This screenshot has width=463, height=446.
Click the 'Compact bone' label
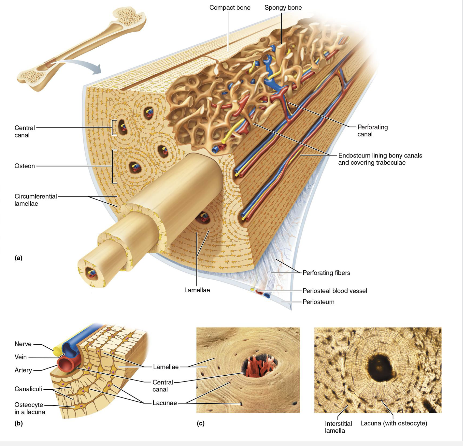pyautogui.click(x=230, y=8)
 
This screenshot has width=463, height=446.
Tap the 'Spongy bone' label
pyautogui.click(x=283, y=8)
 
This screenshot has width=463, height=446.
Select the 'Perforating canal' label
pyautogui.click(x=372, y=131)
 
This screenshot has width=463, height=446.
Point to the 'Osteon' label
pyautogui.click(x=25, y=166)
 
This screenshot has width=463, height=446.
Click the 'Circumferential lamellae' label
pyautogui.click(x=36, y=200)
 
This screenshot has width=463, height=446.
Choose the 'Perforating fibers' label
pyautogui.click(x=326, y=273)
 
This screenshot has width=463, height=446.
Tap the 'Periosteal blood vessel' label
pyautogui.click(x=335, y=291)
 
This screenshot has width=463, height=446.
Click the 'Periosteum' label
pyautogui.click(x=318, y=302)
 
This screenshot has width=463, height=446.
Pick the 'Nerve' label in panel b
pyautogui.click(x=23, y=344)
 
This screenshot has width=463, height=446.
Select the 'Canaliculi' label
pyautogui.click(x=28, y=389)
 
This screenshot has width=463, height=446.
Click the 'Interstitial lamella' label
pyautogui.click(x=338, y=427)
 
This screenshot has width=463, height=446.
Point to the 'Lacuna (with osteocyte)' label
pyautogui.click(x=393, y=423)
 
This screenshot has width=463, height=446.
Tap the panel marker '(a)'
pyautogui.click(x=18, y=258)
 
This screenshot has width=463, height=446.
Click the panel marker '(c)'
pyautogui.click(x=201, y=423)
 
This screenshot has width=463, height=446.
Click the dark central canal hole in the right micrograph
pyautogui.click(x=381, y=367)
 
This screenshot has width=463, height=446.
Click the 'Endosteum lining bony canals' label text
pyautogui.click(x=380, y=156)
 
